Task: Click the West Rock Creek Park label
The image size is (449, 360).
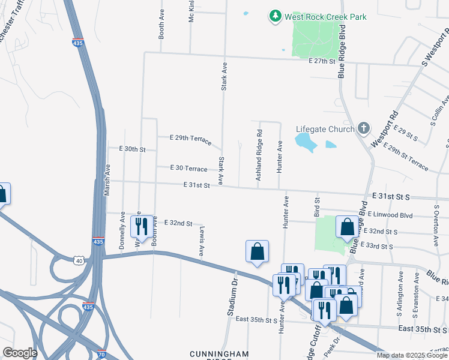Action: pyautogui.click(x=326, y=17)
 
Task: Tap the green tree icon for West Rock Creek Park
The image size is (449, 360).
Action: pyautogui.click(x=275, y=16)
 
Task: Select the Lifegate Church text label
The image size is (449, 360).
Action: pyautogui.click(x=325, y=129)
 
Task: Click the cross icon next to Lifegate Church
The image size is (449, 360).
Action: pyautogui.click(x=363, y=128)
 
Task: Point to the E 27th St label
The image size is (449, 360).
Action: pyautogui.click(x=321, y=61)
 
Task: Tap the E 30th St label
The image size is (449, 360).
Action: pyautogui.click(x=132, y=149)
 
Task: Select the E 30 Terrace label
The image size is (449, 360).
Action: pyautogui.click(x=188, y=169)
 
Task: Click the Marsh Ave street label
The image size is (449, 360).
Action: pyautogui.click(x=107, y=176)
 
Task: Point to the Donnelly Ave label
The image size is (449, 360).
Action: pyautogui.click(x=122, y=230)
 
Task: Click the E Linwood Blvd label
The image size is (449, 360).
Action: pyautogui.click(x=391, y=214)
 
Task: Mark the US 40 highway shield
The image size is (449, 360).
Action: pyautogui.click(x=79, y=260)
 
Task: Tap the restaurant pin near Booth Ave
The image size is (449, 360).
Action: pyautogui.click(x=142, y=227)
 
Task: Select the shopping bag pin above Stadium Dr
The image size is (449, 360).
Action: pyautogui.click(x=257, y=251)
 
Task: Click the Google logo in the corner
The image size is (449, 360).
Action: pyautogui.click(x=19, y=353)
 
